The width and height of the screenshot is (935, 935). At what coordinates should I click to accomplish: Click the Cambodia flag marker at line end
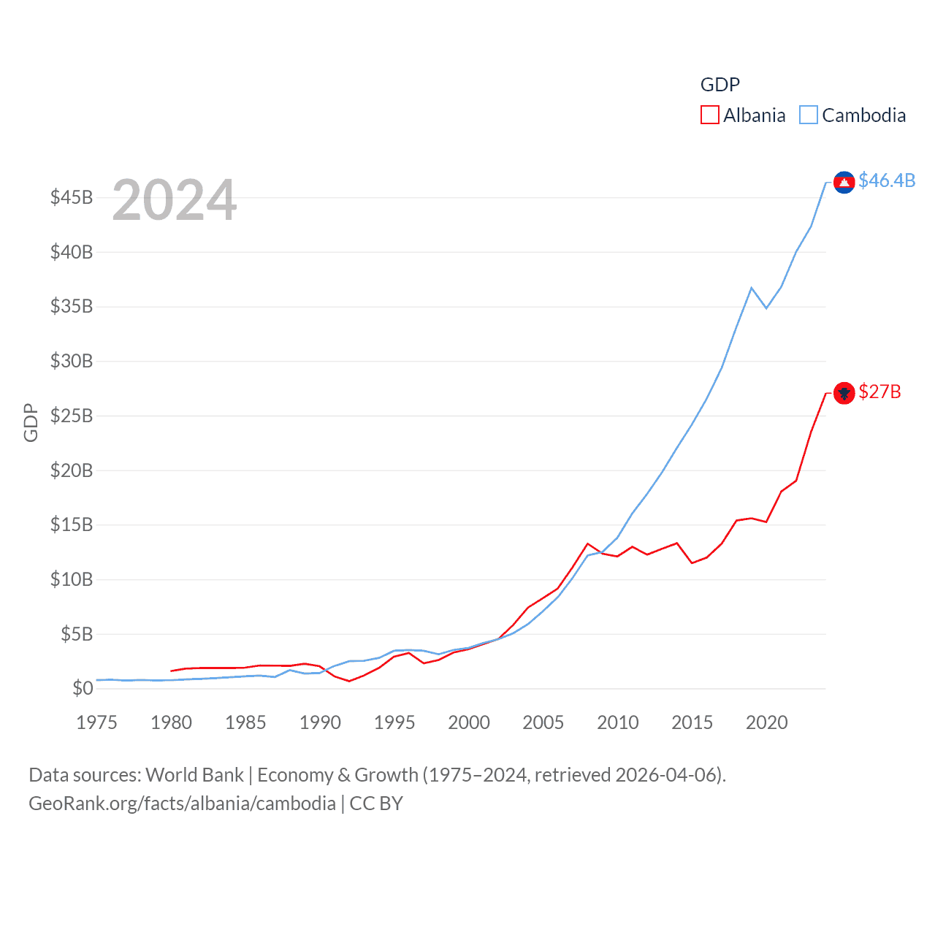click(x=844, y=183)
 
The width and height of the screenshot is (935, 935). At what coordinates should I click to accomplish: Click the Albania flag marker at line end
click(x=844, y=394)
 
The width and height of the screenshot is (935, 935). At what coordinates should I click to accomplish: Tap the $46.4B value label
click(x=887, y=180)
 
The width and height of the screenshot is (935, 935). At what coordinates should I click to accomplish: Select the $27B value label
click(x=879, y=392)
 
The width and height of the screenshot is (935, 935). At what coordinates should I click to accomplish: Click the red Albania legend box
click(x=709, y=115)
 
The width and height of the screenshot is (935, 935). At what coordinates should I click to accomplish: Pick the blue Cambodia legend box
click(x=808, y=115)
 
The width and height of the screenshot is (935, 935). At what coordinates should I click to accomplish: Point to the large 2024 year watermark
click(x=175, y=200)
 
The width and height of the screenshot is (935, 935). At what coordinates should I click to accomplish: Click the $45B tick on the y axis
click(x=72, y=198)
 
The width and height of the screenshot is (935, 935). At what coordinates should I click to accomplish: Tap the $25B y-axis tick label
click(x=72, y=416)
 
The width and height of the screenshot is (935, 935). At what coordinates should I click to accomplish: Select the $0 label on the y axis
click(x=83, y=689)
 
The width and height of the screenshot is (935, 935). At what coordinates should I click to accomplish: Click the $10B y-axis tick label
click(x=72, y=580)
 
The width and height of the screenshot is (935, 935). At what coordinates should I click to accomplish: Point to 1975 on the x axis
click(x=96, y=723)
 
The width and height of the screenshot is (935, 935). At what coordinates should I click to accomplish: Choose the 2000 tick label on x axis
click(x=468, y=723)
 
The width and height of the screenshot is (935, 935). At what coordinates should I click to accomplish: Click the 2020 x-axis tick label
click(x=766, y=723)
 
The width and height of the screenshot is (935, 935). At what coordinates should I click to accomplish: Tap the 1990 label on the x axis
click(x=320, y=723)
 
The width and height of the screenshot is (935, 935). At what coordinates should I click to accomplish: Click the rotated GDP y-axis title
click(x=31, y=422)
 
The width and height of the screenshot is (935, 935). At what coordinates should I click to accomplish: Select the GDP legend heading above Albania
click(x=720, y=85)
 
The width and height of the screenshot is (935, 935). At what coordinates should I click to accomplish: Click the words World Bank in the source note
click(x=194, y=775)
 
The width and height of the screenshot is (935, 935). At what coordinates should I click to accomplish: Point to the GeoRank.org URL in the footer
click(x=182, y=804)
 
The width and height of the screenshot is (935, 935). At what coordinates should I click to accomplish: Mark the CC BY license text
click(x=376, y=804)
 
